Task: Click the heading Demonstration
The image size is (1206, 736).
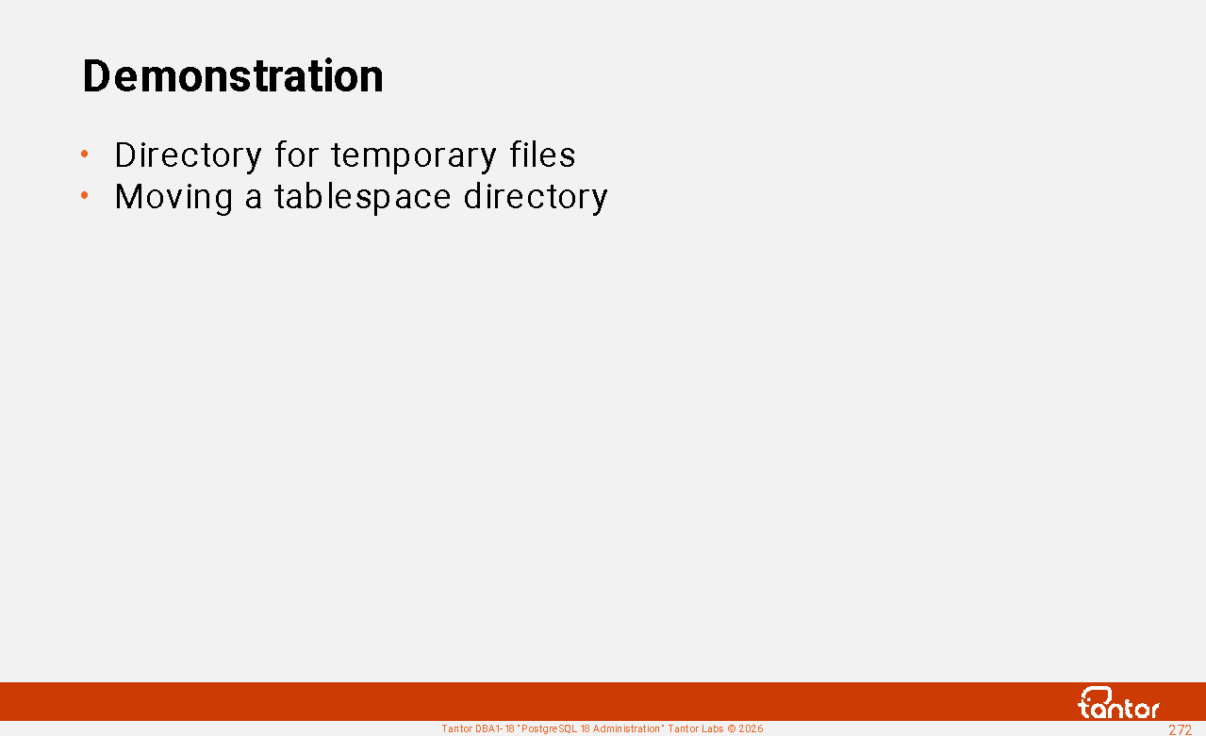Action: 233,75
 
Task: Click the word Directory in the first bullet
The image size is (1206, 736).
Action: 188,156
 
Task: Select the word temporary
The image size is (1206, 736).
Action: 414,156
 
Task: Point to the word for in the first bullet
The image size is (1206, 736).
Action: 297,155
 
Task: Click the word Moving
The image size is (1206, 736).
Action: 173,198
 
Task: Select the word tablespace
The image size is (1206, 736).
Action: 363,196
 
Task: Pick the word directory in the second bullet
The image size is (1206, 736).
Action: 536,198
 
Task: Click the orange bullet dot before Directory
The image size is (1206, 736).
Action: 85,155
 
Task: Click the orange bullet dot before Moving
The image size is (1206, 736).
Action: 85,195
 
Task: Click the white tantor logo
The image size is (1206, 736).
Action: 1119,703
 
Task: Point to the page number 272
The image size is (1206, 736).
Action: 1181,729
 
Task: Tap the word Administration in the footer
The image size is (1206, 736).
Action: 626,729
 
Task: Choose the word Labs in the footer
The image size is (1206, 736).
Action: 712,729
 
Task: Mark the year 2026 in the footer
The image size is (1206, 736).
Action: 752,729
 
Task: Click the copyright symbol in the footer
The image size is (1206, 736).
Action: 731,729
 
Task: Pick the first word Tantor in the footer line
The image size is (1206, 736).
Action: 456,729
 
